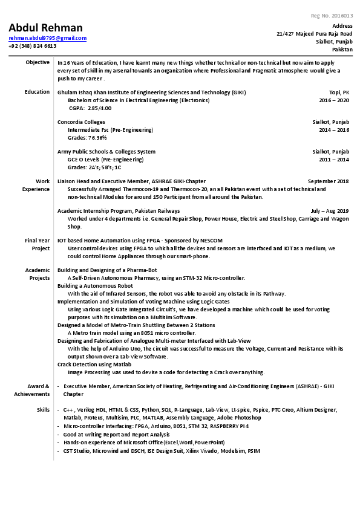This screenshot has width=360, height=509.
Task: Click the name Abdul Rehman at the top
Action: (x=45, y=28)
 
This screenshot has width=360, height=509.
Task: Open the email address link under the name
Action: (x=47, y=38)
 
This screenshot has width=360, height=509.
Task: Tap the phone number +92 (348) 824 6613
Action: (x=32, y=46)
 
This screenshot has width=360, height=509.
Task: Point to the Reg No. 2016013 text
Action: (x=332, y=16)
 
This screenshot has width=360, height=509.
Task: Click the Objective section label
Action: (x=38, y=62)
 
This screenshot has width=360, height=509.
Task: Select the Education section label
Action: (x=37, y=92)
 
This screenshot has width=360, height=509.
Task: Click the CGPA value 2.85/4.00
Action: (x=99, y=108)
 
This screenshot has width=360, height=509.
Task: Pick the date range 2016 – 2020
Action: (x=334, y=100)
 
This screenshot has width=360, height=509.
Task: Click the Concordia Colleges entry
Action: (x=81, y=122)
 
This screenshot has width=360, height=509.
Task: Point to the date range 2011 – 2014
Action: (x=334, y=160)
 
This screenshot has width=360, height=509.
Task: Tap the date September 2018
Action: (x=328, y=181)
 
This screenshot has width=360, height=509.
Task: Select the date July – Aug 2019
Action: (x=330, y=211)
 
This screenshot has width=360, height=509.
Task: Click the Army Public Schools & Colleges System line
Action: (x=106, y=152)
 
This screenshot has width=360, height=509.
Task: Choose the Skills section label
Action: (x=43, y=410)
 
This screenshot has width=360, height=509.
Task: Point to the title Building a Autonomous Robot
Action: (x=95, y=285)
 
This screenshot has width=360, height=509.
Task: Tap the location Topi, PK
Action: (x=338, y=92)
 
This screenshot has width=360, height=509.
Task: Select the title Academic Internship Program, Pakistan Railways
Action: (x=118, y=211)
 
